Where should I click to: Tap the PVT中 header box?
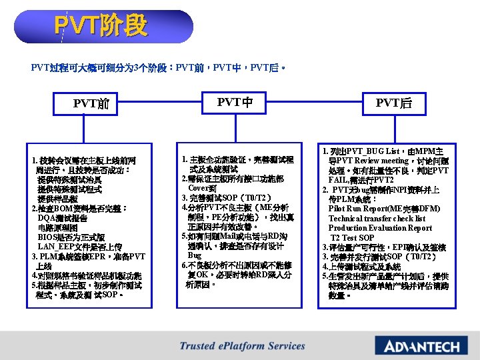coord(235,103)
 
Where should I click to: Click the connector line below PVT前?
coord(91,129)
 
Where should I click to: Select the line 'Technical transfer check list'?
coord(377,218)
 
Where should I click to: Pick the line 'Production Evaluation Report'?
coord(379,227)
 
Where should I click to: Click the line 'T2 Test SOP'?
coord(353,237)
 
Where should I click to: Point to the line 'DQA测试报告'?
coord(67,218)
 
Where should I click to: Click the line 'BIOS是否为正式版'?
coord(71,237)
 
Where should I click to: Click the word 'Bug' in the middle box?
coord(195,255)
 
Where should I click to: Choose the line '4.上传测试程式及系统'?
coord(361,266)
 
